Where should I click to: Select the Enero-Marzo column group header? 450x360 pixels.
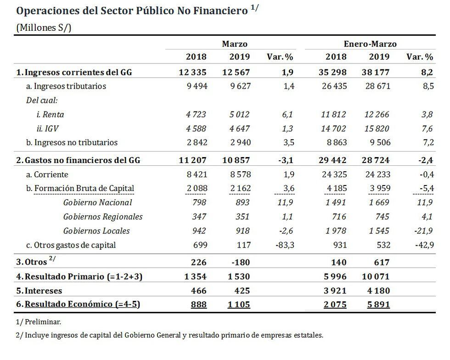click(x=370, y=44)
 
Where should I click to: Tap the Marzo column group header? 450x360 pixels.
click(x=235, y=44)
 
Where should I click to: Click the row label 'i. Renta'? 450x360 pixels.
click(x=50, y=114)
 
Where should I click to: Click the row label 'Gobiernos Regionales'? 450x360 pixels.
click(x=103, y=217)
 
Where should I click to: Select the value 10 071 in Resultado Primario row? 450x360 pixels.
click(x=376, y=277)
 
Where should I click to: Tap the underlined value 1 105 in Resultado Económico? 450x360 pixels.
click(x=239, y=304)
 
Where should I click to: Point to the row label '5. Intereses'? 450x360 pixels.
click(x=39, y=291)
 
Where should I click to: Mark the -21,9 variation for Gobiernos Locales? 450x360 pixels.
click(x=423, y=231)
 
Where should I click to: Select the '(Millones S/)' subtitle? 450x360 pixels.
click(x=44, y=27)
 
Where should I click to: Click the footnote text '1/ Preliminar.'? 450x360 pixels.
click(x=39, y=322)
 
